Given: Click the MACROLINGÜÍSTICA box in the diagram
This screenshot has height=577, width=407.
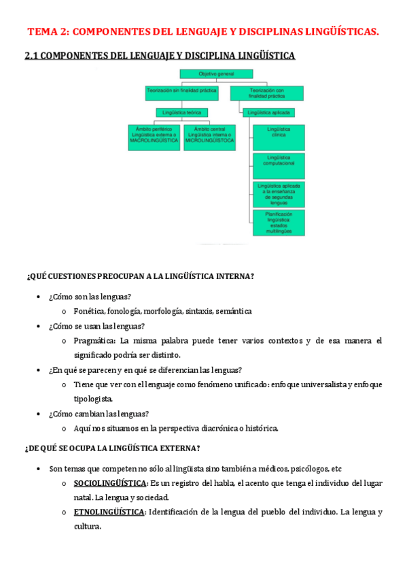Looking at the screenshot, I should tap(154, 137).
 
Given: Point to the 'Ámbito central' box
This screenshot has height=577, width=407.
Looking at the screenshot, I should tap(210, 137).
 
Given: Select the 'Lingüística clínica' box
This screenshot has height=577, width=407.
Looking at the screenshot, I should tap(279, 136).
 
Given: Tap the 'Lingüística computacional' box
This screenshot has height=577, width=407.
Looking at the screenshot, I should tap(279, 165).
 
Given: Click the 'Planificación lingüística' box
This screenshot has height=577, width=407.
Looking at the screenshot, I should tap(279, 222).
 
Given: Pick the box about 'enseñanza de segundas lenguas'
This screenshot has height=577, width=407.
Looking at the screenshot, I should tap(279, 194).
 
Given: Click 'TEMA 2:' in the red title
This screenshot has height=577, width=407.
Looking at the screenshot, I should tap(48, 31).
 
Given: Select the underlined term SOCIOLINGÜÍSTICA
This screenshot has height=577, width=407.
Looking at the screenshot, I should tap(110, 483).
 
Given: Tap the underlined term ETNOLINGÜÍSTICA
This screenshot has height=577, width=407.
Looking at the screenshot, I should tap(109, 512).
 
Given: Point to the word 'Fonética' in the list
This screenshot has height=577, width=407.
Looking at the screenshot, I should tap(89, 311).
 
